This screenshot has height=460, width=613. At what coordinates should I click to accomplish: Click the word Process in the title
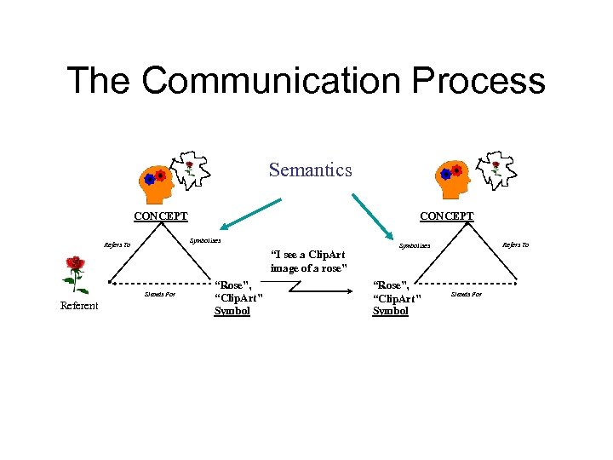click(x=479, y=81)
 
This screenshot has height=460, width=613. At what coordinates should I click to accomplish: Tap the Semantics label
click(x=310, y=170)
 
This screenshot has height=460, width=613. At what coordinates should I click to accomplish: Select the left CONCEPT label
click(x=161, y=216)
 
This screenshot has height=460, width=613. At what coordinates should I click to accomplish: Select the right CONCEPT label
click(x=447, y=216)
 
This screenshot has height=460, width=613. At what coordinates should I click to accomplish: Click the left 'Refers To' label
click(x=117, y=245)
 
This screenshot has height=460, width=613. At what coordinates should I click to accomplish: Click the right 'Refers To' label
click(x=515, y=245)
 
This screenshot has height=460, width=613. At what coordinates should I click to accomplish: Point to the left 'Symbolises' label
click(x=204, y=240)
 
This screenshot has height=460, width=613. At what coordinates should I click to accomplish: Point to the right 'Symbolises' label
click(x=415, y=245)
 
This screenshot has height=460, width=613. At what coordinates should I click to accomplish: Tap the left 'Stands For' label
click(x=160, y=294)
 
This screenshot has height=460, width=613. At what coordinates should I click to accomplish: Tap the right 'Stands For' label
click(x=466, y=294)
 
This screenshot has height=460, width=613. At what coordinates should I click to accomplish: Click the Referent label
click(x=79, y=306)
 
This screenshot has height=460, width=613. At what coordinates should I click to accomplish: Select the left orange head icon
click(x=156, y=177)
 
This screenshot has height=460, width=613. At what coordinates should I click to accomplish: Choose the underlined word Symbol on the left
click(x=232, y=311)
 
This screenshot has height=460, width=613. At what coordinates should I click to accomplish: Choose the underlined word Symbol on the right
click(x=391, y=311)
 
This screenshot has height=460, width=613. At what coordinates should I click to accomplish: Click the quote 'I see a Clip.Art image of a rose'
click(x=307, y=262)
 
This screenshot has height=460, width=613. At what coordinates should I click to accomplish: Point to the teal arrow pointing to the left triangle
click(x=249, y=213)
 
